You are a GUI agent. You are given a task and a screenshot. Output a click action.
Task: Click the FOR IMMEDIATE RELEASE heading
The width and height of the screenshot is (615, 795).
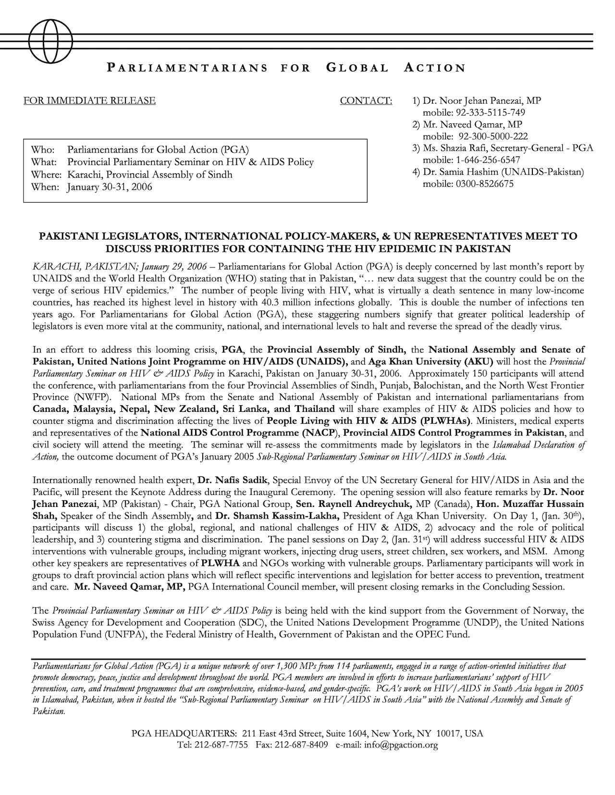click(x=89, y=101)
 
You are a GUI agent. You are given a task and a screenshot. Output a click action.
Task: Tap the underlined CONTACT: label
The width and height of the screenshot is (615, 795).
click(x=366, y=101)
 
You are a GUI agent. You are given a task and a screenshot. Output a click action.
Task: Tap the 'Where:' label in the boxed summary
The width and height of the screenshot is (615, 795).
click(x=46, y=174)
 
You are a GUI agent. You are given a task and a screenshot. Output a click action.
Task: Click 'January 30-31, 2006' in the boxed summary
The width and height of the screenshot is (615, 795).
click(x=110, y=187)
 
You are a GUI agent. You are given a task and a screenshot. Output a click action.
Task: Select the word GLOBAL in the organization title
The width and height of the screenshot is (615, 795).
click(x=357, y=68)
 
